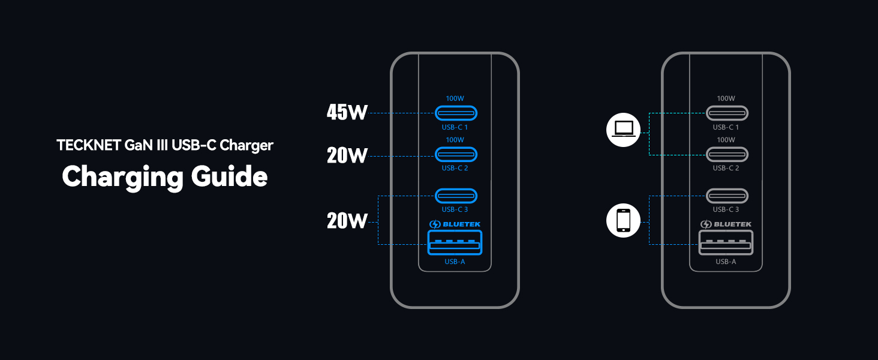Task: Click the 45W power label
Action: click(x=347, y=112)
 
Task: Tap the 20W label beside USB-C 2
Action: click(x=347, y=156)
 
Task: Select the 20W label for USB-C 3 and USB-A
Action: click(x=347, y=221)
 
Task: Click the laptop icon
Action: click(x=623, y=130)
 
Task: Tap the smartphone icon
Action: click(x=623, y=220)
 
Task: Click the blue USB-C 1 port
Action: click(x=456, y=113)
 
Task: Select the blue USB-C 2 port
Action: click(x=456, y=154)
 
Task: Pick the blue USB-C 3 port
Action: click(x=456, y=196)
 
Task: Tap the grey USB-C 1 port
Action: click(x=727, y=113)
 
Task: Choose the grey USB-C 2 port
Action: click(x=727, y=154)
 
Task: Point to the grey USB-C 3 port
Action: click(x=727, y=196)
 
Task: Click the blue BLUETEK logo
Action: click(x=455, y=224)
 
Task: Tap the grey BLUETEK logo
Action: click(x=726, y=224)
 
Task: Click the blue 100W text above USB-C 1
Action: click(x=455, y=98)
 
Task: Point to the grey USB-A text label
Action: click(x=726, y=262)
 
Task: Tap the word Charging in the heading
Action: click(x=122, y=176)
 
